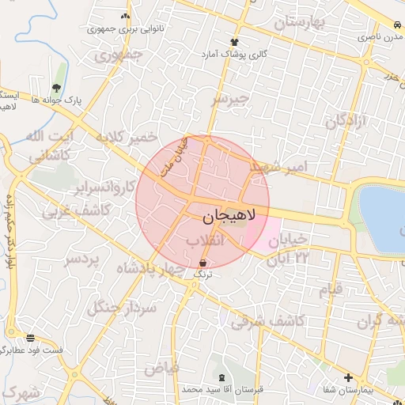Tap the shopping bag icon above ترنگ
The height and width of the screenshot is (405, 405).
pos(203,263)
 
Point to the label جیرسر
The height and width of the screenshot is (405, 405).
pos(229,99)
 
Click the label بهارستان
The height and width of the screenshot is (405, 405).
pos(300,22)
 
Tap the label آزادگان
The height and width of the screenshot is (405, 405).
pos(347,121)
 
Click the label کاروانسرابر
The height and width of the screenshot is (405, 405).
pos(104,187)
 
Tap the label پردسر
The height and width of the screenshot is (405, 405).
pos(83,259)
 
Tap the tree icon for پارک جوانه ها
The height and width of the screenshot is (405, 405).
pos(55,88)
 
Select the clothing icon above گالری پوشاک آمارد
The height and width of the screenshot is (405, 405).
pos(233,42)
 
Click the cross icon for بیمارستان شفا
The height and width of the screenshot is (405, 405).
pos(347,377)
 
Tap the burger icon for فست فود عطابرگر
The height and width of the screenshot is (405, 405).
pos(30,337)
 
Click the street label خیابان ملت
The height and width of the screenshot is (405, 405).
pos(176,155)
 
